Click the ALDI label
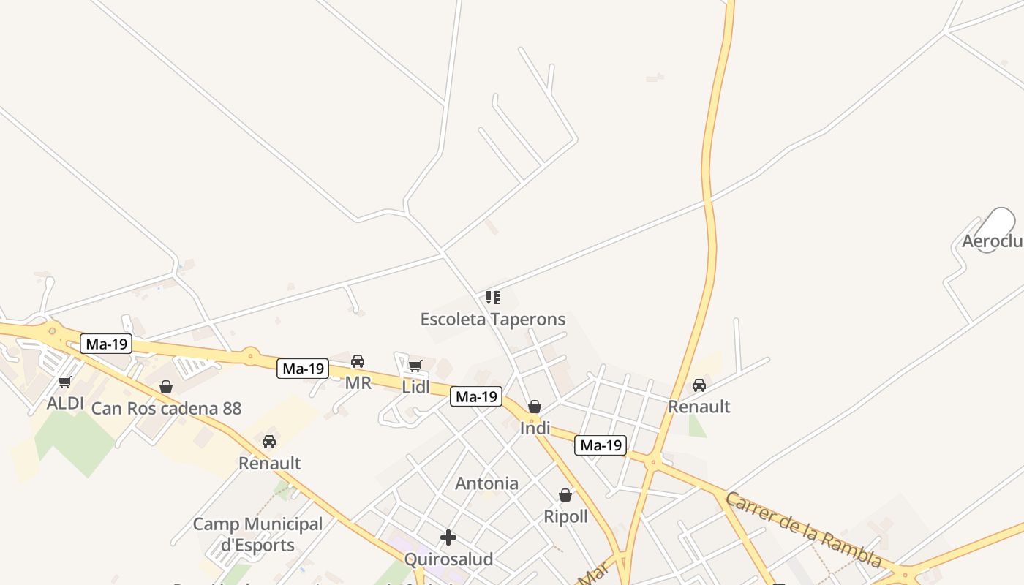click(65, 403)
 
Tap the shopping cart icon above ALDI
click(65, 382)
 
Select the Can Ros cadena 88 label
click(166, 408)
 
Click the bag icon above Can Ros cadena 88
click(166, 387)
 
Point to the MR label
click(358, 382)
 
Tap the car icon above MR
click(358, 361)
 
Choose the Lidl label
click(416, 387)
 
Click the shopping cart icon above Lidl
click(415, 366)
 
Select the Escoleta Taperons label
click(492, 319)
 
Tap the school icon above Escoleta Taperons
click(493, 298)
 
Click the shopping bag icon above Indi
click(535, 407)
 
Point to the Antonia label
click(486, 483)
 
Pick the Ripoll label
click(565, 516)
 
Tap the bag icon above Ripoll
click(565, 496)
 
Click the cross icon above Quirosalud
click(448, 538)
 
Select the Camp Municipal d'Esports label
click(257, 534)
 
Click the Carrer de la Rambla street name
click(804, 529)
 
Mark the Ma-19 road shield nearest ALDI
click(106, 344)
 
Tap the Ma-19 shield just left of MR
click(303, 369)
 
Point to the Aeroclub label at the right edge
click(993, 241)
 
